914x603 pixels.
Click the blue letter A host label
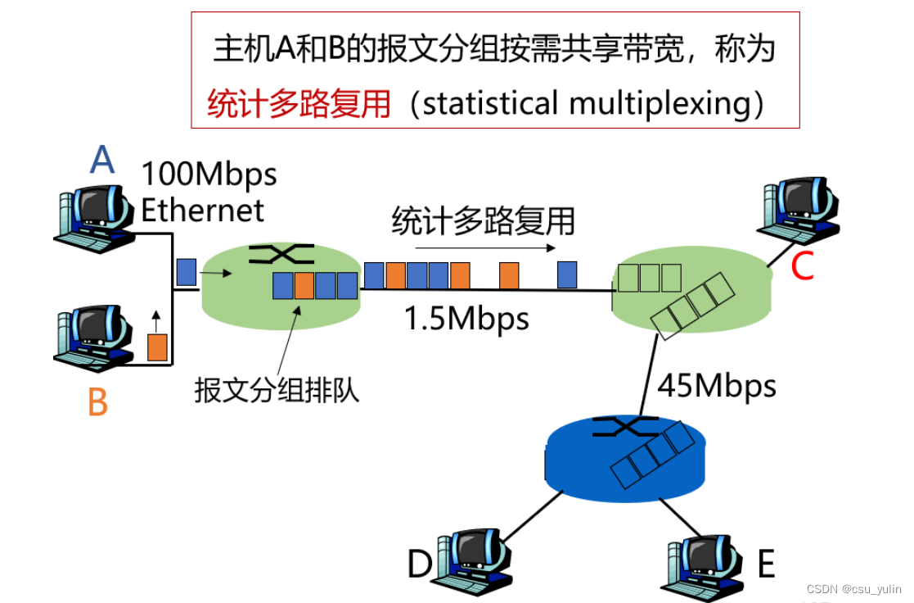[101, 160]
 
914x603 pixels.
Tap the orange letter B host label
[97, 402]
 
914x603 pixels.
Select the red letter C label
[802, 266]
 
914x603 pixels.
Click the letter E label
[766, 564]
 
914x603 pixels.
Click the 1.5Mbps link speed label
[466, 318]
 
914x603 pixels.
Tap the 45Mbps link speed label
[717, 384]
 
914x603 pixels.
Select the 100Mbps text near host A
[209, 175]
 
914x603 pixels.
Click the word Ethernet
[202, 210]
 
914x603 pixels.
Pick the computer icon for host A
[94, 217]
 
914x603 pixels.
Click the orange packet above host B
[157, 347]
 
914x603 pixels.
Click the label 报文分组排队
[277, 390]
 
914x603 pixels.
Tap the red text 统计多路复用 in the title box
[299, 105]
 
